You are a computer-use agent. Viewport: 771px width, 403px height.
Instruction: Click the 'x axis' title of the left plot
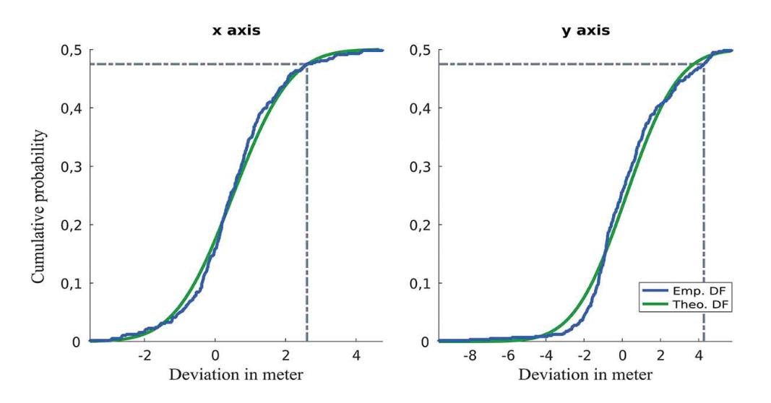(x=236, y=31)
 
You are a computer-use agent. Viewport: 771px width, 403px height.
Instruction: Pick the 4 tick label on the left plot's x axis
(x=356, y=356)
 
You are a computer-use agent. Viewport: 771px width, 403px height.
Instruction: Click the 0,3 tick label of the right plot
(x=421, y=166)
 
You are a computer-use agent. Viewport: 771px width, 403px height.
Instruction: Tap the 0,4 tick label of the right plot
(x=421, y=108)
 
